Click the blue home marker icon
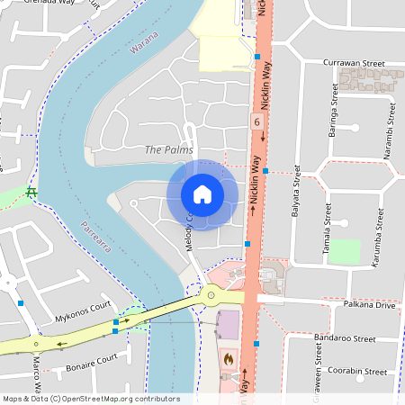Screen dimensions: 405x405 202,194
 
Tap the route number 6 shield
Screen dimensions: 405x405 257,121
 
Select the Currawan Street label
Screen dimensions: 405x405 353,64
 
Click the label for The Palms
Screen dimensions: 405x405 168,149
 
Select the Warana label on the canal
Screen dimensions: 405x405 144,41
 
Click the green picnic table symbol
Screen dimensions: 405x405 31,193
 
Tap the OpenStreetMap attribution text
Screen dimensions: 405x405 91,399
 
